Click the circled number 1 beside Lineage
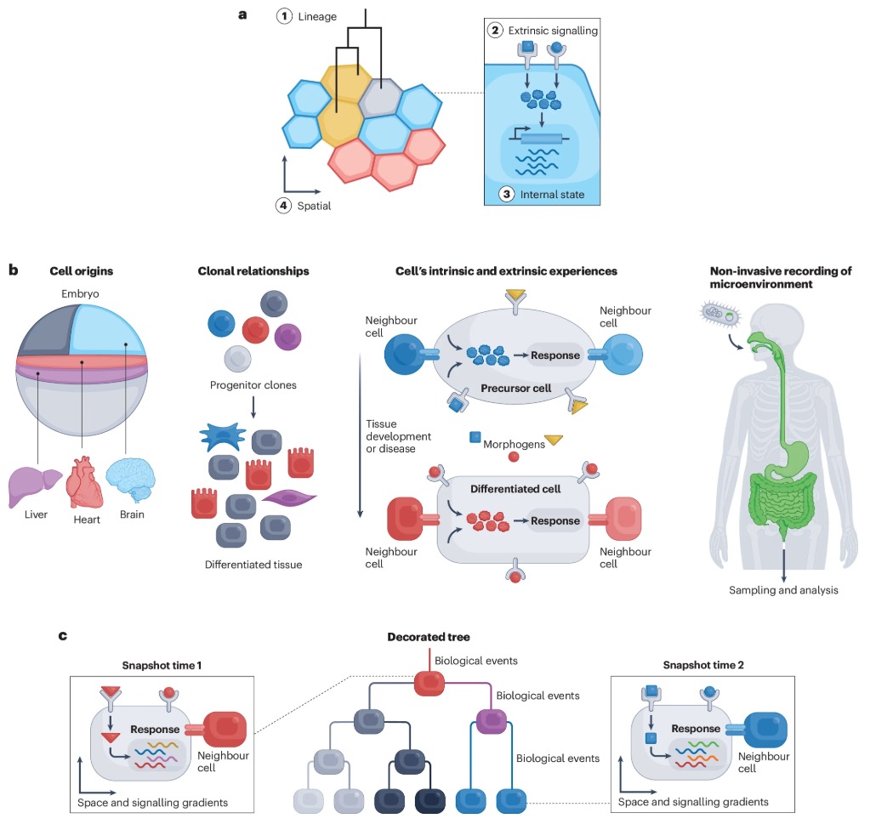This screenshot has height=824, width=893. (285, 17)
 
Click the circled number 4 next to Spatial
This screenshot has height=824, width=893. (284, 205)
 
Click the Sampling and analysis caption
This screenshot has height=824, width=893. (783, 589)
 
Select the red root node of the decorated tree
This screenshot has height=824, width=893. (431, 682)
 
